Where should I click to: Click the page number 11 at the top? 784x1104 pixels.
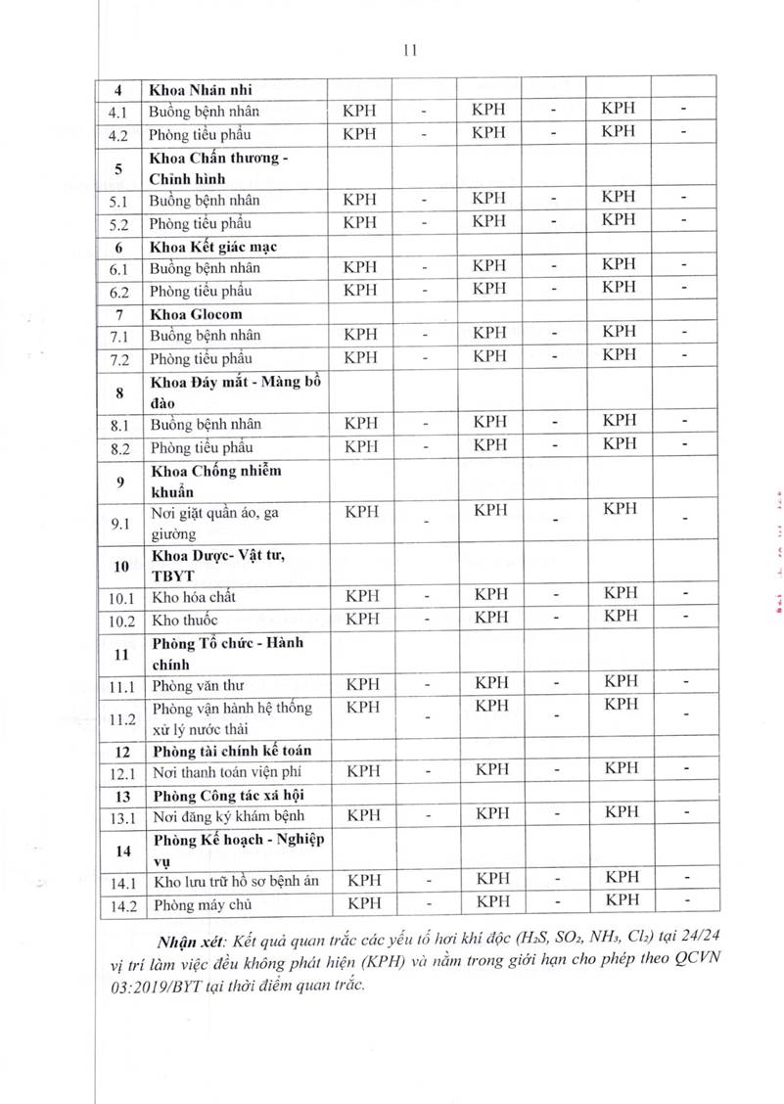[410, 52]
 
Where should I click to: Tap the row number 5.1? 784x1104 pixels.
[118, 201]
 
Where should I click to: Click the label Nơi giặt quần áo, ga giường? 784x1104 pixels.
[211, 523]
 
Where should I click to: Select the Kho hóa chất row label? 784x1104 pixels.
[193, 596]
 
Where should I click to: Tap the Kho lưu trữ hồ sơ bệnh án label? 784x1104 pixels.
[236, 882]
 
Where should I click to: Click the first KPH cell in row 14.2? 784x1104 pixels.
[365, 903]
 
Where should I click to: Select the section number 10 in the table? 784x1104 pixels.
[120, 566]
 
